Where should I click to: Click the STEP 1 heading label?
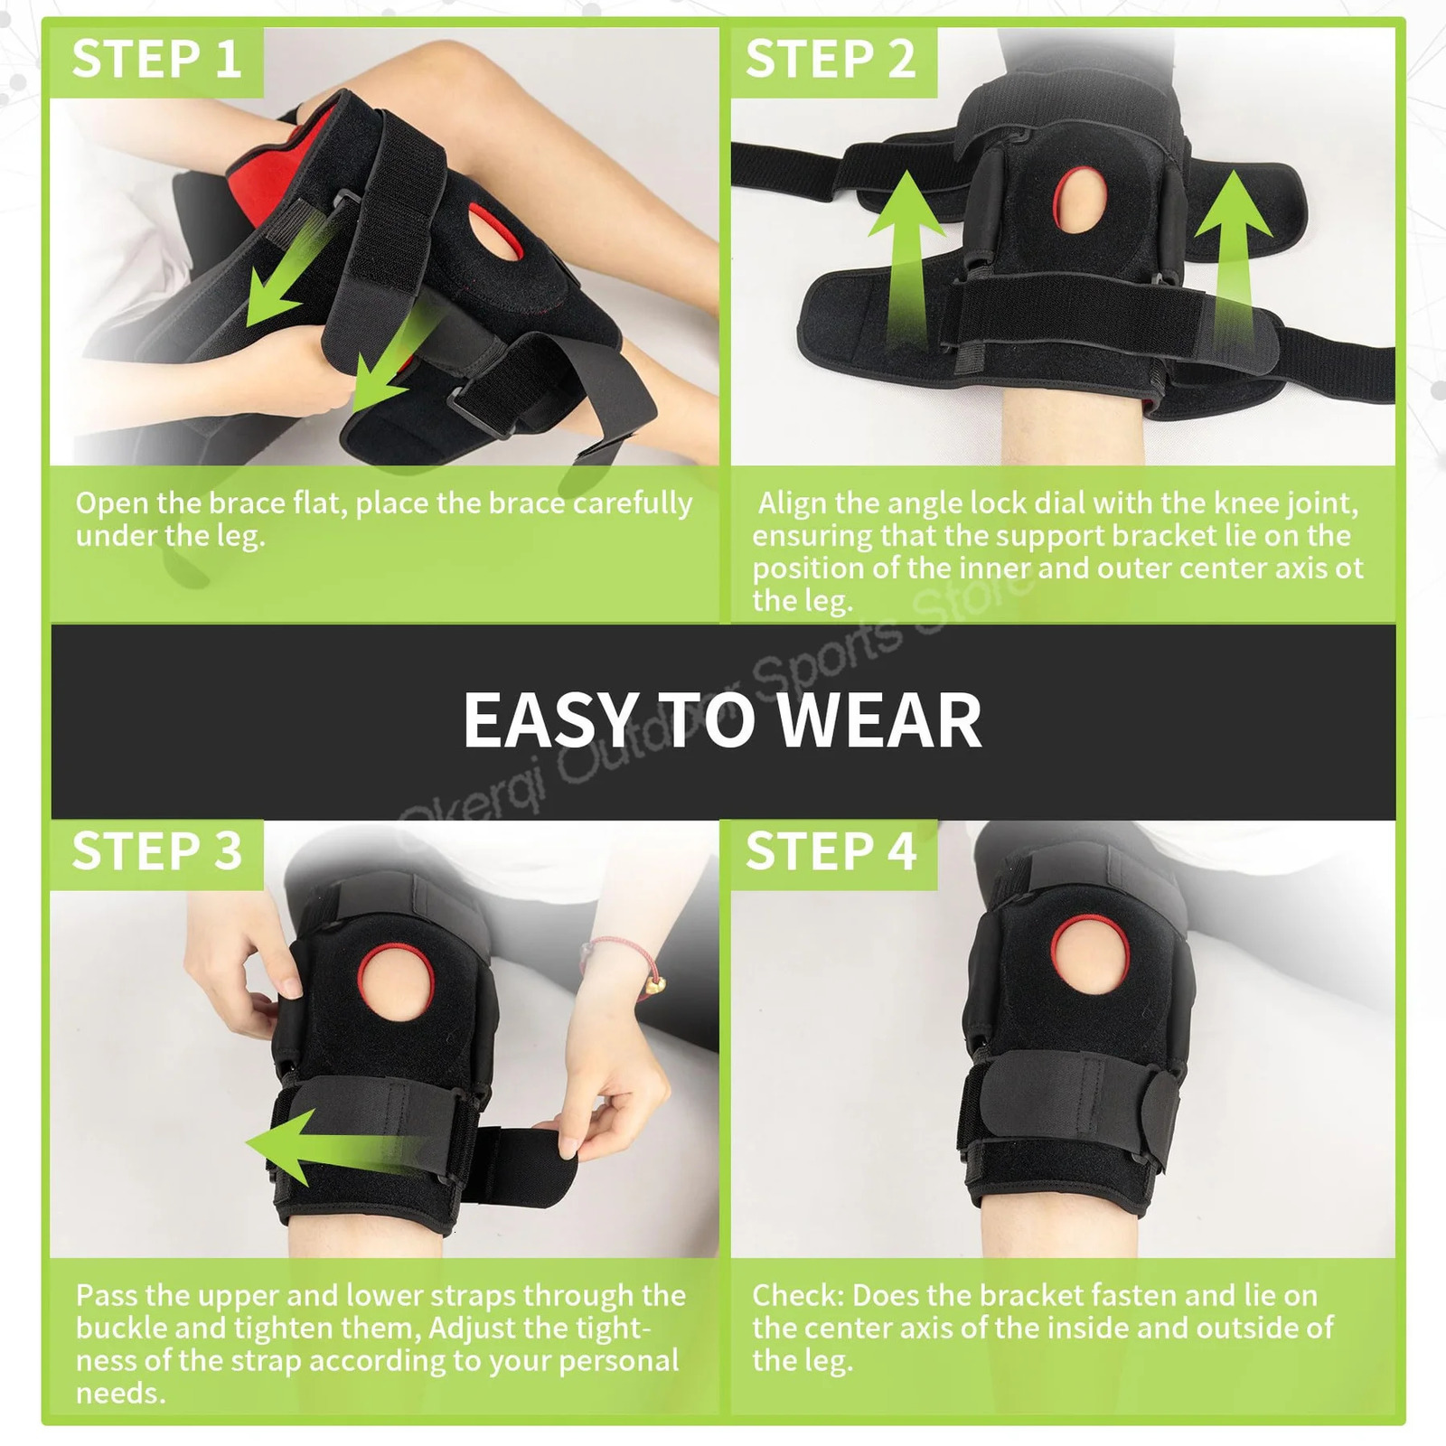tap(155, 60)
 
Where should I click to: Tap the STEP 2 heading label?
tap(830, 60)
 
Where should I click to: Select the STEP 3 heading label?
tap(155, 851)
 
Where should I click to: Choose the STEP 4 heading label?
tap(830, 851)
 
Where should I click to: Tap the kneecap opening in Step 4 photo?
tap(1090, 962)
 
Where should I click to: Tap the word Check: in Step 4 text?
tap(797, 1296)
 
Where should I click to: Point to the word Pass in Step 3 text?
tap(106, 1296)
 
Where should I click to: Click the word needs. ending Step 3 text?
tap(120, 1393)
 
